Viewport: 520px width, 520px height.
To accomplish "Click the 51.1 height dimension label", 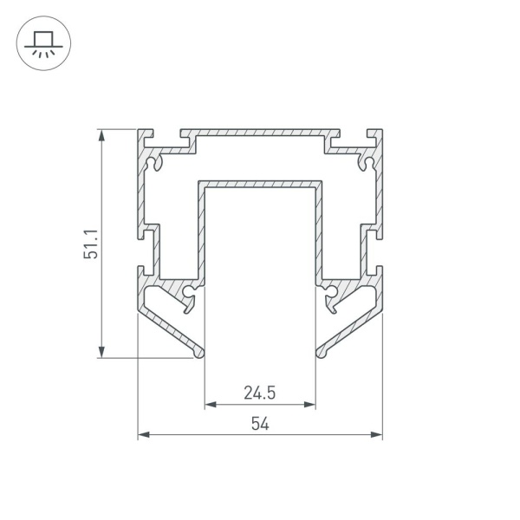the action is coord(90,244).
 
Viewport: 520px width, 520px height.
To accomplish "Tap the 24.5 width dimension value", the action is coord(260,393).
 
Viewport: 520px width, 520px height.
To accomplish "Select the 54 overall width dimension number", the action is coord(260,424).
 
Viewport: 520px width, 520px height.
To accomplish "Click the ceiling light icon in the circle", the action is coord(43,44).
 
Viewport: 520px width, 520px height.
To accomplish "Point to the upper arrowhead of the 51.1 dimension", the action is coord(101,135).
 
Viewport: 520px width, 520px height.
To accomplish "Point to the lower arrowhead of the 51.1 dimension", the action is coord(101,352).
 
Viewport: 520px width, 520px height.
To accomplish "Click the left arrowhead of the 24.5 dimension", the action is coord(211,405).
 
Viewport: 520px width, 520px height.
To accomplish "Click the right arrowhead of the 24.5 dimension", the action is coord(309,405).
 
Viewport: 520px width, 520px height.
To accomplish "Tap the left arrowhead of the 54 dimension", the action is coord(144,435).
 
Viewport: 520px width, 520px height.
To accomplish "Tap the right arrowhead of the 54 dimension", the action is coord(376,435).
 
